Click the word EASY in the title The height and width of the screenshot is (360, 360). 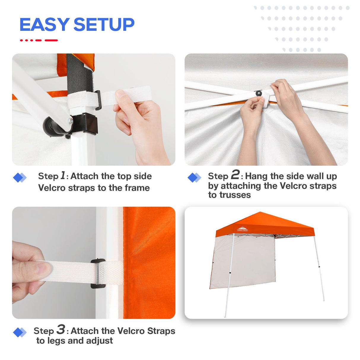pyautogui.click(x=44, y=25)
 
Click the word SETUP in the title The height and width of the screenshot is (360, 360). pyautogui.click(x=104, y=25)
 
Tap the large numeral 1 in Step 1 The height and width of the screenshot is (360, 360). pyautogui.click(x=63, y=175)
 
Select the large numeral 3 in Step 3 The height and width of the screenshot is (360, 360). pyautogui.click(x=61, y=329)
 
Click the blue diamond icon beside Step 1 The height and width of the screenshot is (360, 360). pyautogui.click(x=20, y=178)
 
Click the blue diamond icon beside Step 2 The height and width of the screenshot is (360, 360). pyautogui.click(x=194, y=178)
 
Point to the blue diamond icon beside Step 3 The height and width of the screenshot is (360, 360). pyautogui.click(x=20, y=332)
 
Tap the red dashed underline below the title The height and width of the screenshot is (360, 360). pyautogui.click(x=39, y=40)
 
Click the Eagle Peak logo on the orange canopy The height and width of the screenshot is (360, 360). pyautogui.click(x=242, y=229)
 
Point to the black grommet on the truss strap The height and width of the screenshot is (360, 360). pyautogui.click(x=259, y=93)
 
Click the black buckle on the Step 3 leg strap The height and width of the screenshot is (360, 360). pyautogui.click(x=98, y=273)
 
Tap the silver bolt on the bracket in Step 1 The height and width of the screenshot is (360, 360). pyautogui.click(x=71, y=120)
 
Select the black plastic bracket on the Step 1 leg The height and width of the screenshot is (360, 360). pyautogui.click(x=88, y=124)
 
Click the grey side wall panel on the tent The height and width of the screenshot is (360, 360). pyautogui.click(x=245, y=261)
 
